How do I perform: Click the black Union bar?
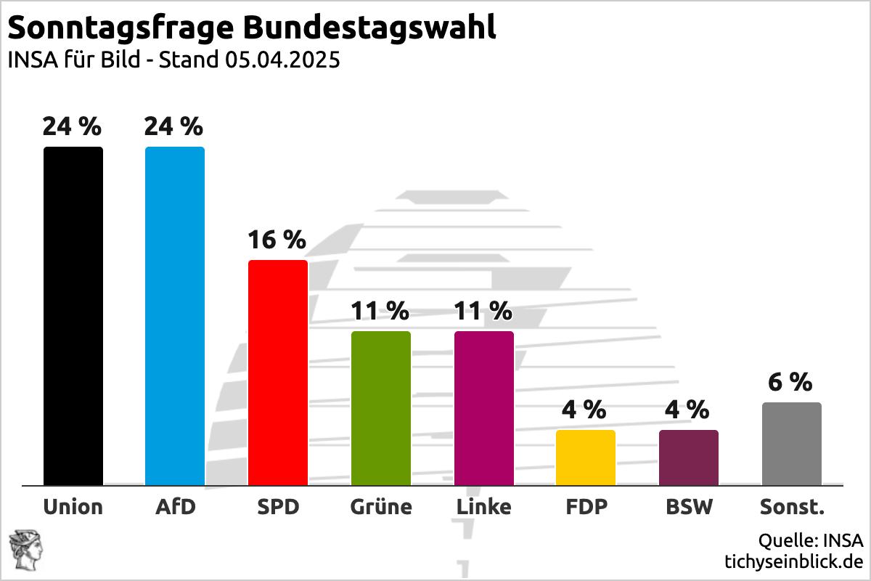73,316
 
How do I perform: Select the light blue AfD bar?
175,316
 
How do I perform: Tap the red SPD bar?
278,372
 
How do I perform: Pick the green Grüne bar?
381,407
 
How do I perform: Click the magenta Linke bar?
484,407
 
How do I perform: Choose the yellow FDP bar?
586,458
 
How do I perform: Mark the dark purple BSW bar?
689,458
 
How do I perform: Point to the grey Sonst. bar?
792,444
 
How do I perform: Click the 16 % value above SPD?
277,239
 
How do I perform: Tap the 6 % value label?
790,382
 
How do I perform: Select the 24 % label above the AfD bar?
173,126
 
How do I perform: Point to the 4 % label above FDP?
584,410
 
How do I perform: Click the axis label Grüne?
381,506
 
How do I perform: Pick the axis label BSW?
689,506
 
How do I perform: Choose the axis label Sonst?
792,506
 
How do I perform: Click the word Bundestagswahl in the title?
369,28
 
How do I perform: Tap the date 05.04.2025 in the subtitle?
282,60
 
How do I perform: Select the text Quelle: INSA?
811,541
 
